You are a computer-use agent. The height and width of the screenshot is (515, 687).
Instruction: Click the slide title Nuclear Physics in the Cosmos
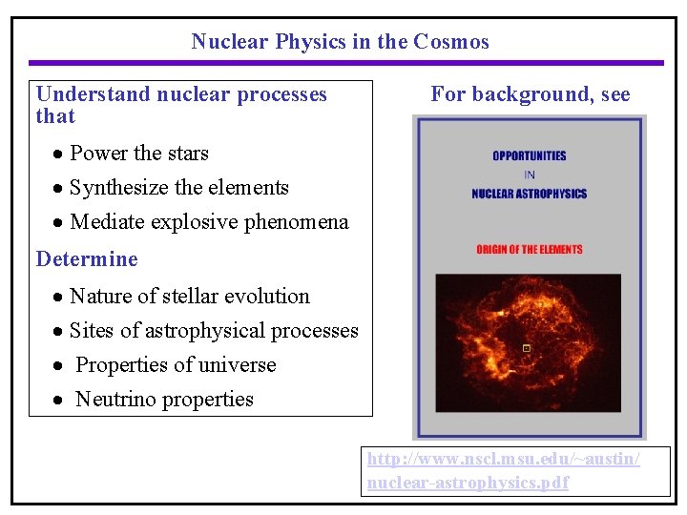tap(340, 42)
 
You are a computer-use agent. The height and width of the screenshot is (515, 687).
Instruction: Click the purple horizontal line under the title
tap(343, 63)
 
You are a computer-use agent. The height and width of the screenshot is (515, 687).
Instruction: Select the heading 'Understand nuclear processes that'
tap(181, 105)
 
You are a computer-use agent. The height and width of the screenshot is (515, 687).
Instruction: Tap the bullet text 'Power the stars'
tap(139, 154)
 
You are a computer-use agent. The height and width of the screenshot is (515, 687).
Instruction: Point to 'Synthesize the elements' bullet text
tap(179, 188)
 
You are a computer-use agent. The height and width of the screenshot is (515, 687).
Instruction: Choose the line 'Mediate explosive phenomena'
tap(209, 222)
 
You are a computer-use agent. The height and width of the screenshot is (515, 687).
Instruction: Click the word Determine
tap(87, 259)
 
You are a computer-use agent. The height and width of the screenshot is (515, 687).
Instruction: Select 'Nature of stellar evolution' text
tap(190, 297)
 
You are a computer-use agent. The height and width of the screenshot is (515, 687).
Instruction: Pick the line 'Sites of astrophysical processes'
tap(214, 331)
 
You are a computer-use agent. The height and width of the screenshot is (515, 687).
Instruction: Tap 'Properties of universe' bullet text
tap(176, 365)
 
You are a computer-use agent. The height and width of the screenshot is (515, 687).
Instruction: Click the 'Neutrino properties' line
tap(164, 400)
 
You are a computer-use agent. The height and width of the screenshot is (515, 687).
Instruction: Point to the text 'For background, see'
tap(530, 94)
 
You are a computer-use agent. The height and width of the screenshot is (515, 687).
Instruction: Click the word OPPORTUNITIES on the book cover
tap(529, 155)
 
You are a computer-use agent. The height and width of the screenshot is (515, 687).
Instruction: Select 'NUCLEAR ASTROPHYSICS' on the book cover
tap(529, 194)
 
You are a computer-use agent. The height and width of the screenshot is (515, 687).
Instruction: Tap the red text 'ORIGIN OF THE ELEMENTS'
tap(529, 250)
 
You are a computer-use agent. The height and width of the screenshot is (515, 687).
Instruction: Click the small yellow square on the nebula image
tap(526, 349)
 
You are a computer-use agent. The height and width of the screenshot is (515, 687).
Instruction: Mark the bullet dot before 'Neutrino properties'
tap(59, 401)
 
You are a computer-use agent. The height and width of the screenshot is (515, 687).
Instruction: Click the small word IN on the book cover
tap(529, 175)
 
